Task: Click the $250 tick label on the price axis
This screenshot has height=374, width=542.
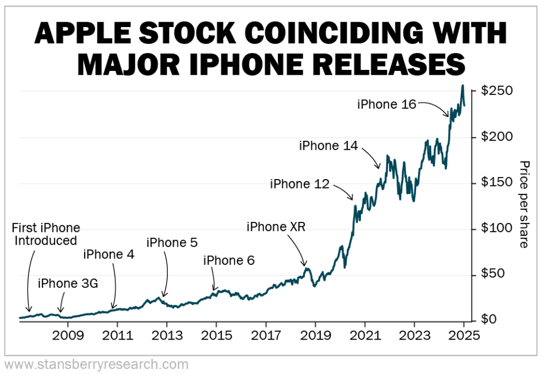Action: (497, 91)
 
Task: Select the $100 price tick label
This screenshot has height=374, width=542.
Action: (497, 228)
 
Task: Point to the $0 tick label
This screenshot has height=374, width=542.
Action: (489, 320)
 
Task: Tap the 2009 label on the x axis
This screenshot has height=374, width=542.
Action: (68, 336)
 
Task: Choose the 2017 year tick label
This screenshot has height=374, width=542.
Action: (266, 336)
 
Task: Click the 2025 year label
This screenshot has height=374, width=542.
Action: (463, 336)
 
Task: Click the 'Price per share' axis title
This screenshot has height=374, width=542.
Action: (523, 204)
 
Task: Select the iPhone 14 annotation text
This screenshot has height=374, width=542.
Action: (328, 145)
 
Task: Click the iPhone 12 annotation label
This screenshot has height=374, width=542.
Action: (300, 184)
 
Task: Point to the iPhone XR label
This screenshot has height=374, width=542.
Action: (276, 227)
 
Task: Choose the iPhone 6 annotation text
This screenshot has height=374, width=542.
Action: (229, 260)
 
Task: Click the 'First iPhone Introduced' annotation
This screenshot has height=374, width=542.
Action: (47, 234)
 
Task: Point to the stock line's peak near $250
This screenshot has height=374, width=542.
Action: (463, 85)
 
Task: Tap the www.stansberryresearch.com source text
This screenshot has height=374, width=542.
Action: (96, 364)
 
